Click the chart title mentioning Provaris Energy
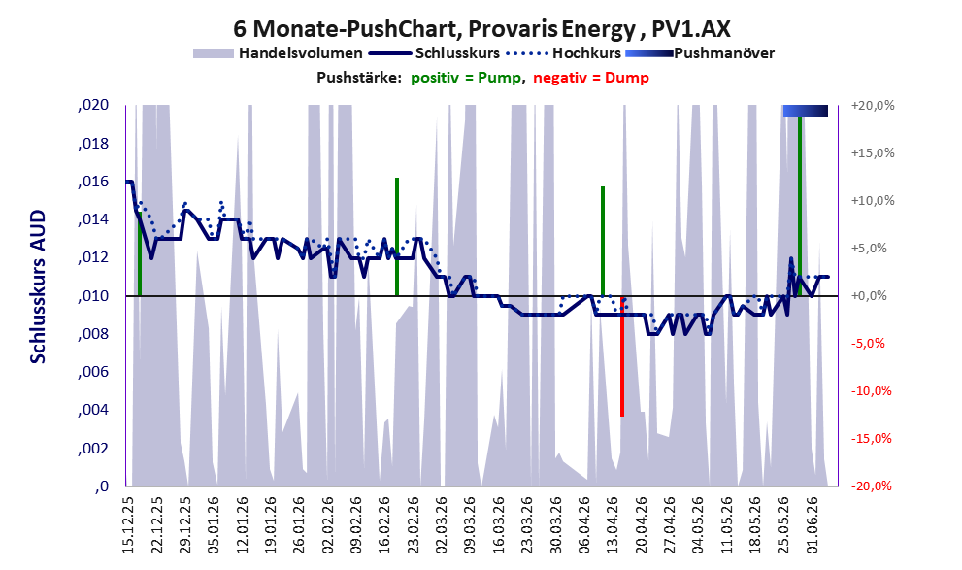coord(481,28)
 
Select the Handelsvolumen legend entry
coord(278,53)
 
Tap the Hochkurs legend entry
coord(564,53)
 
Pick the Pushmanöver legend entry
coord(700,53)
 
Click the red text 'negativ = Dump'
coord(591,78)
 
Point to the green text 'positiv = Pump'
coord(466,78)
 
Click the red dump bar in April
coord(622,356)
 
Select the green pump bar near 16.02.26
coord(397,237)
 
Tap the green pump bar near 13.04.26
coord(603,241)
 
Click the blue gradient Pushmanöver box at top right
coord(806,111)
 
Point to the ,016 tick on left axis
coord(93,182)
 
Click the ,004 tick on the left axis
coord(93,409)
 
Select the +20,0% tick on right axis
coord(873,106)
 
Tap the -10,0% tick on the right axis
coord(871,390)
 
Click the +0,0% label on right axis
coord(869,296)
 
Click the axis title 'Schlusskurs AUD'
coord(38,286)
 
